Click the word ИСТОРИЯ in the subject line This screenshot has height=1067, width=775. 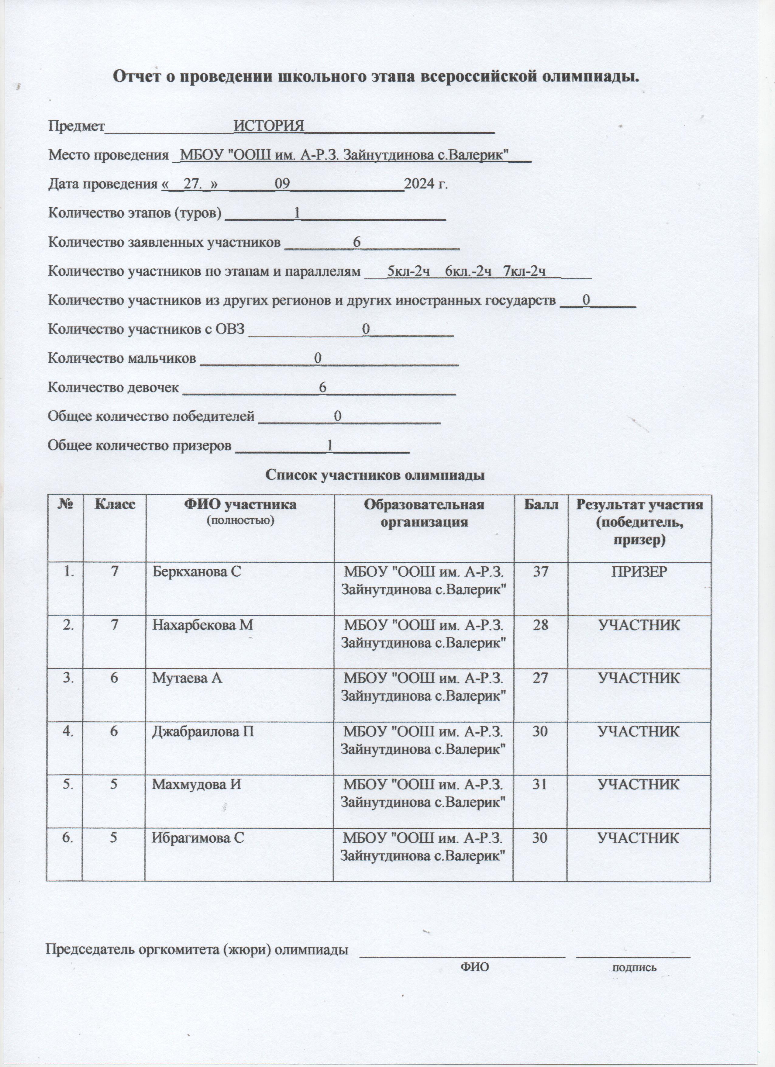269,126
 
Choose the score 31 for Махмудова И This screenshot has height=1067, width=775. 540,784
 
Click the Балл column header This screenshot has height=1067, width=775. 540,505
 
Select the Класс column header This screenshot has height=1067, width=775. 115,505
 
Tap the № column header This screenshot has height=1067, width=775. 65,505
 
